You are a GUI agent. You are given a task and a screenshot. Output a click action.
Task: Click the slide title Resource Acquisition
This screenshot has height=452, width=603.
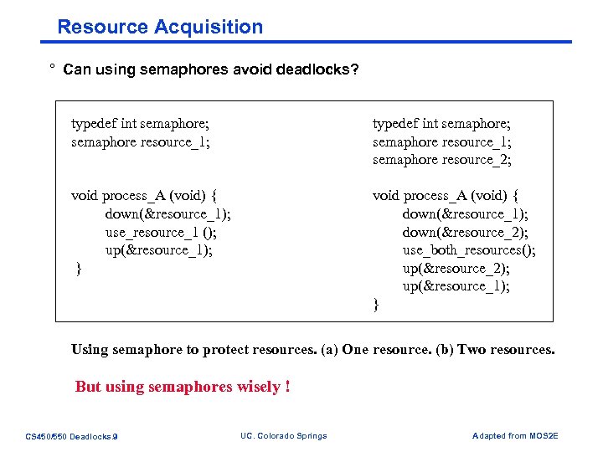pyautogui.click(x=160, y=27)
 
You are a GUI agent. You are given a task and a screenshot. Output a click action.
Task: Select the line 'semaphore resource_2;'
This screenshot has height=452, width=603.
pyautogui.click(x=441, y=160)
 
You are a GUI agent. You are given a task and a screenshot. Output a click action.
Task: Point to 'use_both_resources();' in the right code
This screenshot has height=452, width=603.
pyautogui.click(x=469, y=250)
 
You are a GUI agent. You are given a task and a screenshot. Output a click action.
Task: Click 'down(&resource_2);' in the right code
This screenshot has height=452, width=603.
pyautogui.click(x=465, y=233)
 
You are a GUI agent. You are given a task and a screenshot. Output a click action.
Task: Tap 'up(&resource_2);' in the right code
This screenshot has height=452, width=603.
pyautogui.click(x=456, y=268)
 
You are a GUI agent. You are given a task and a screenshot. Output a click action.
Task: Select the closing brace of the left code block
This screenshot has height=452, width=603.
pyautogui.click(x=78, y=269)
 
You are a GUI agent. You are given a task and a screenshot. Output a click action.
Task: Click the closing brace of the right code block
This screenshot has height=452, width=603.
pyautogui.click(x=376, y=305)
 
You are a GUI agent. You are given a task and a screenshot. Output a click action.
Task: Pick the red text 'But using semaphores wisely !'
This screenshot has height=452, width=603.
pyautogui.click(x=183, y=387)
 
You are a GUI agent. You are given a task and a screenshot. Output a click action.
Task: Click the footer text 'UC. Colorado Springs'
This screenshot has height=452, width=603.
pyautogui.click(x=283, y=435)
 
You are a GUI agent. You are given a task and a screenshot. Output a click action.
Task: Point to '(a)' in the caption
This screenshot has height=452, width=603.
pyautogui.click(x=330, y=349)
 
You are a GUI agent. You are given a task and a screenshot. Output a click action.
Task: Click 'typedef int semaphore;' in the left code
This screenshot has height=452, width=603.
pyautogui.click(x=139, y=124)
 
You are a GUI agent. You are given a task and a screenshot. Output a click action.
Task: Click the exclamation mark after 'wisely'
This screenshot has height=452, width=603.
pyautogui.click(x=287, y=387)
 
